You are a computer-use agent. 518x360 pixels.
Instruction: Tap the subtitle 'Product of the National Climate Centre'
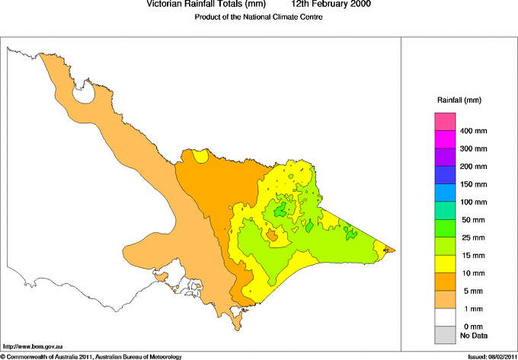tap(259, 18)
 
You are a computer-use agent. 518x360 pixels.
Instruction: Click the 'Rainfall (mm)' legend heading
tap(459, 100)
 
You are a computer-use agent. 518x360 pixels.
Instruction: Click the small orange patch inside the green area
tap(273, 236)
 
